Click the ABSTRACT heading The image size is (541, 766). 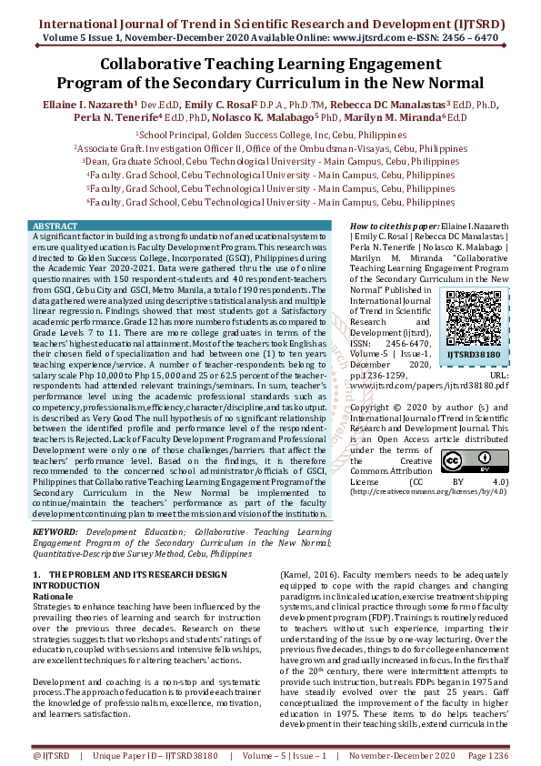click(55, 225)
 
